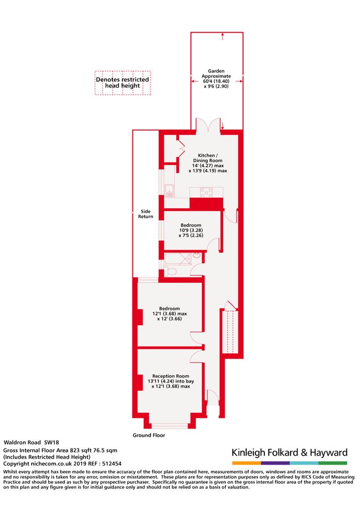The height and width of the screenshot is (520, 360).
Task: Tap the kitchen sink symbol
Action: (x=169, y=191)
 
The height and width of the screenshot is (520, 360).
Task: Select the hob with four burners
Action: (x=206, y=192)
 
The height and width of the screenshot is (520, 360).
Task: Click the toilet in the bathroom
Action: (x=170, y=271)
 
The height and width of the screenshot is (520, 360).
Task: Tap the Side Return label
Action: (x=146, y=214)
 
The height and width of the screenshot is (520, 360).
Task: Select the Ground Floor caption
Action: (x=149, y=435)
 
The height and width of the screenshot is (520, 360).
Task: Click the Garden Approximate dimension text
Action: (x=217, y=79)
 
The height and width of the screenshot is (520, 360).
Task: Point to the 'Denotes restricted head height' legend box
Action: (x=123, y=83)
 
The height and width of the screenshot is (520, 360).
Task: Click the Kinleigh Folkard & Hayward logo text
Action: (x=290, y=453)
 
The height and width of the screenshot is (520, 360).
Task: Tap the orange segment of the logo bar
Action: (x=247, y=463)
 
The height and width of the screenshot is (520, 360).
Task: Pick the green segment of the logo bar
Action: (x=333, y=463)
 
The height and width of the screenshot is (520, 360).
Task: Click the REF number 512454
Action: (x=112, y=464)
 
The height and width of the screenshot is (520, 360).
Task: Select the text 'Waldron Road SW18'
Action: (x=31, y=442)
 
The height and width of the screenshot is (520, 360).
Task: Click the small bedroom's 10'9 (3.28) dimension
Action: (x=191, y=230)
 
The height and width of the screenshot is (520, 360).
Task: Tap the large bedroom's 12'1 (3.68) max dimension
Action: (x=170, y=314)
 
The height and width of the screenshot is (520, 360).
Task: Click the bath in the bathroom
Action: (x=178, y=260)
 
